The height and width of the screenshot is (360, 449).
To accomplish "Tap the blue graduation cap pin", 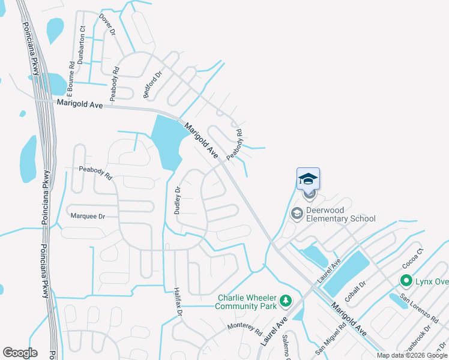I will click(x=308, y=179).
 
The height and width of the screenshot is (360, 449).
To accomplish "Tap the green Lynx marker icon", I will click(x=406, y=280).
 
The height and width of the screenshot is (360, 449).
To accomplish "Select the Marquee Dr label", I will click(x=88, y=215).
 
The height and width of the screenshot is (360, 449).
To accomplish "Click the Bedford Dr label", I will click(x=152, y=85).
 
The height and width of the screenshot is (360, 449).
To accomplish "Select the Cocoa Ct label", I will click(x=414, y=258).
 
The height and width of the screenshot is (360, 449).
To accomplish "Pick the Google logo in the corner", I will click(x=20, y=353).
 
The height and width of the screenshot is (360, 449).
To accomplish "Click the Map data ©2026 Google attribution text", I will click(x=412, y=355).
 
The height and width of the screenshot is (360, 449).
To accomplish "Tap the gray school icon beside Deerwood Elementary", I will click(x=297, y=213).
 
